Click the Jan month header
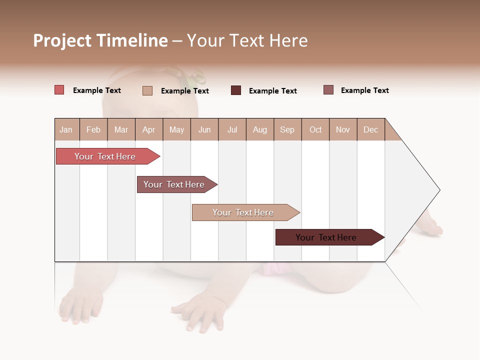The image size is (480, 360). click(66, 129)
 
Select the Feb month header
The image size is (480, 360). click(93, 129)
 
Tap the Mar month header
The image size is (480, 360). click(121, 129)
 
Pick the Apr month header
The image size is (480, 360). click(149, 129)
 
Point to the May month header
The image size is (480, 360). click(176, 129)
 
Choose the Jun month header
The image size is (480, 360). click(204, 129)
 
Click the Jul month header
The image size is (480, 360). click(232, 129)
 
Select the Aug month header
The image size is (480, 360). click(260, 129)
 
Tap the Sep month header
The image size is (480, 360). click(287, 129)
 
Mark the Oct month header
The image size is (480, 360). click(315, 129)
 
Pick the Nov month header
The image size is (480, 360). click(343, 129)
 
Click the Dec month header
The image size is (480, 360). click(371, 129)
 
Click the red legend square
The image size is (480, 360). click(59, 90)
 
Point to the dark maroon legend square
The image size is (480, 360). click(236, 90)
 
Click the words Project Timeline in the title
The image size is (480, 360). click(100, 40)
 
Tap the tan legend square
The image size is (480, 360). click(147, 90)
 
